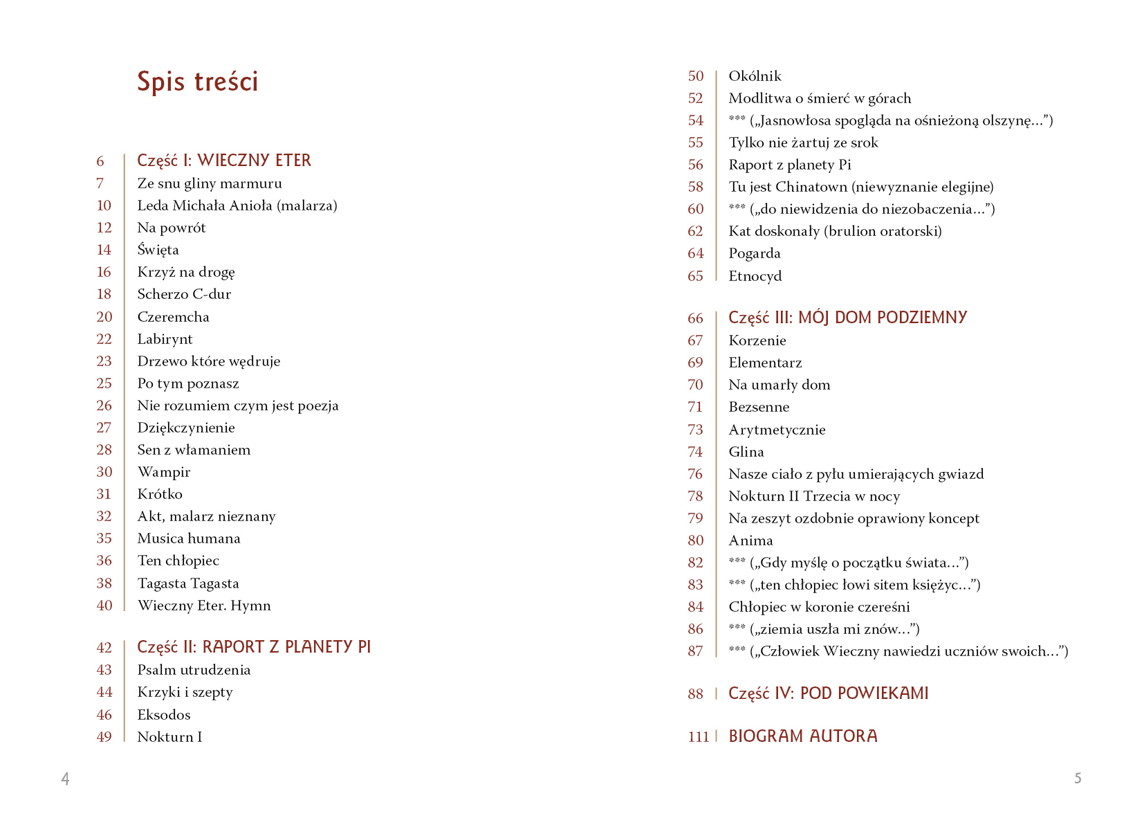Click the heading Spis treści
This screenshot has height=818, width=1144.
click(197, 82)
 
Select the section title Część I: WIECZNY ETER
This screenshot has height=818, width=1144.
click(224, 161)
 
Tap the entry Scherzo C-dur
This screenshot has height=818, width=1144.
click(184, 294)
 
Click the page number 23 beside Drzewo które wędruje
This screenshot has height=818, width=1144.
click(104, 361)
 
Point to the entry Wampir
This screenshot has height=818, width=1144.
click(163, 472)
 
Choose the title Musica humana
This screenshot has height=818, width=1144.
click(189, 538)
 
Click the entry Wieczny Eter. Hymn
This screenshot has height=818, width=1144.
click(204, 606)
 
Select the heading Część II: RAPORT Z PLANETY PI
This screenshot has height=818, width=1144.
click(254, 647)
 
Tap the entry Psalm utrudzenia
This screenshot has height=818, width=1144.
click(194, 670)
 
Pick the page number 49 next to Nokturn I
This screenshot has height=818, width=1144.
click(104, 737)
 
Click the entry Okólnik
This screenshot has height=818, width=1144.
click(755, 76)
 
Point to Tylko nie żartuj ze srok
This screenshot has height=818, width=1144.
click(803, 143)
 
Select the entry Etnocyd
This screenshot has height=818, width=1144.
click(755, 276)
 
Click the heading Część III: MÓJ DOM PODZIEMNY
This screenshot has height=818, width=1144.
click(847, 318)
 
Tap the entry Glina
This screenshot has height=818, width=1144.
click(746, 452)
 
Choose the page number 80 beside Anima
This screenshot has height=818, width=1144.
click(695, 540)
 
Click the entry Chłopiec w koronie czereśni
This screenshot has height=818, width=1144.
click(819, 607)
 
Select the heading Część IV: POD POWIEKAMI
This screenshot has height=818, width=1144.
click(828, 693)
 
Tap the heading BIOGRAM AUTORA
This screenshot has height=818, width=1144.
click(802, 736)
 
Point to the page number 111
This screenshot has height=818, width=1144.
click(699, 737)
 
